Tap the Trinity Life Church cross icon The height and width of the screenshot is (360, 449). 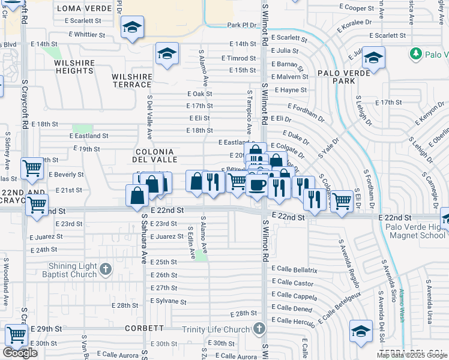[x=259, y=329]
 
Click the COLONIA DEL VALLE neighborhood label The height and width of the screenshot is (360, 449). [x=155, y=155]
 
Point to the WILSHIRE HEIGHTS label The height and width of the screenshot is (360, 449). [x=74, y=67]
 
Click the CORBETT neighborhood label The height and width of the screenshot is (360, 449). [x=145, y=328]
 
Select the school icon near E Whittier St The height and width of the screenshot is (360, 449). [x=132, y=27]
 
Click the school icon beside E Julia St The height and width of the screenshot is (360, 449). [x=373, y=58]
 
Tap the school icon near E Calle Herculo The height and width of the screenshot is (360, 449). [x=361, y=331]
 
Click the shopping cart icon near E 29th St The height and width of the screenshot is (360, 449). [x=16, y=335]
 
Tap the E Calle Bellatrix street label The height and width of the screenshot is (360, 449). [x=294, y=271]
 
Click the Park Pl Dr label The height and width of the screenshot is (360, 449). [x=242, y=25]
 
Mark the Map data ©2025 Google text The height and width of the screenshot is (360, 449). [x=412, y=355]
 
